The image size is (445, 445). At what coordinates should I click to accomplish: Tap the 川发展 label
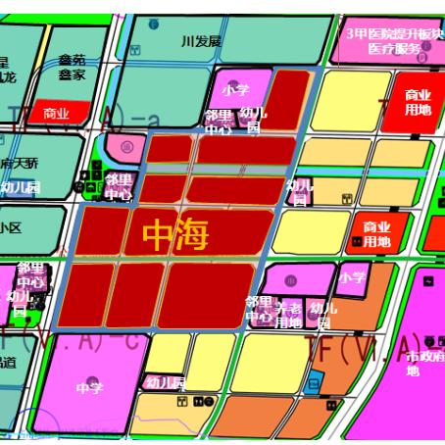tap(202, 41)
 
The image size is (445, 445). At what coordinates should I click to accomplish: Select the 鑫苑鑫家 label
tap(72, 67)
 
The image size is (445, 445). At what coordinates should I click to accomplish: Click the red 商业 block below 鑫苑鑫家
tap(56, 114)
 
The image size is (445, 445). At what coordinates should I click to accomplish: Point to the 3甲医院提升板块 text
tap(395, 33)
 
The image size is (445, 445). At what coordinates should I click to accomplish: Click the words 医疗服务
tap(395, 48)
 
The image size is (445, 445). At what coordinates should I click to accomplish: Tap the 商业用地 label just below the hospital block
tap(418, 102)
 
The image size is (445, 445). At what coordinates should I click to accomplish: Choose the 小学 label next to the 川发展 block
tap(235, 89)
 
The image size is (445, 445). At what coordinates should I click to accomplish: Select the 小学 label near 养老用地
tap(352, 277)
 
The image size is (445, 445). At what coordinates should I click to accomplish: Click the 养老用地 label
tap(288, 315)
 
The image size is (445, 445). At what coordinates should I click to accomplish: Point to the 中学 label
tap(88, 388)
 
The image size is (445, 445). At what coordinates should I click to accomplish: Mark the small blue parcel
tap(314, 381)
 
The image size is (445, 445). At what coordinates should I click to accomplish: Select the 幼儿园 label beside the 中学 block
tap(165, 382)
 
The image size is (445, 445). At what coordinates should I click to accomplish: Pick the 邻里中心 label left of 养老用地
tap(259, 309)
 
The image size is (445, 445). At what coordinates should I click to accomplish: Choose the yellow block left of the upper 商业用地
tap(350, 100)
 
